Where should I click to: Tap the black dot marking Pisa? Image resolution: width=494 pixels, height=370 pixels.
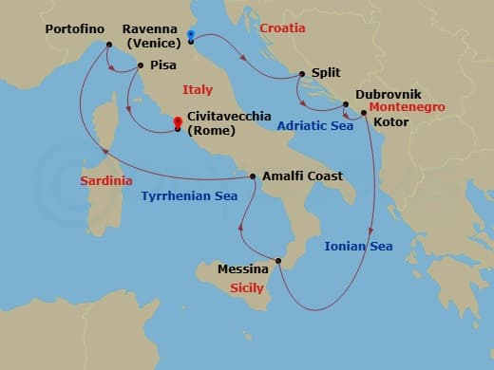pos(141,65)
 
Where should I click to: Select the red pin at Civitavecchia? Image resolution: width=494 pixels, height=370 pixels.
pos(178,121)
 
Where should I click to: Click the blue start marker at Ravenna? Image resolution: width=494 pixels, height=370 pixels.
pos(191,36)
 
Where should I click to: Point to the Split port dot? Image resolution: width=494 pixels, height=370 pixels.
pos(302,73)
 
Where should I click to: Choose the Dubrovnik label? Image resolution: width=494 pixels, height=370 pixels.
pos(389,95)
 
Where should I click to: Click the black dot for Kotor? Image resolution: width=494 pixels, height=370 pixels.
pos(365,113)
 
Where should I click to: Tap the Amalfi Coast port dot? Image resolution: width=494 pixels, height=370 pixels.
pos(253,176)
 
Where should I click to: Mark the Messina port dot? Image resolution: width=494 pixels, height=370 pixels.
pos(277,261)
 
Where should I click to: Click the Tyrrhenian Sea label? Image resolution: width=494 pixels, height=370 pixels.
pos(188,196)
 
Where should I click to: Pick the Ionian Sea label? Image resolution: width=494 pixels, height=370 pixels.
pos(358,246)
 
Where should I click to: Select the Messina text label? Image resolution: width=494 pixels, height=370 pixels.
pos(243,268)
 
